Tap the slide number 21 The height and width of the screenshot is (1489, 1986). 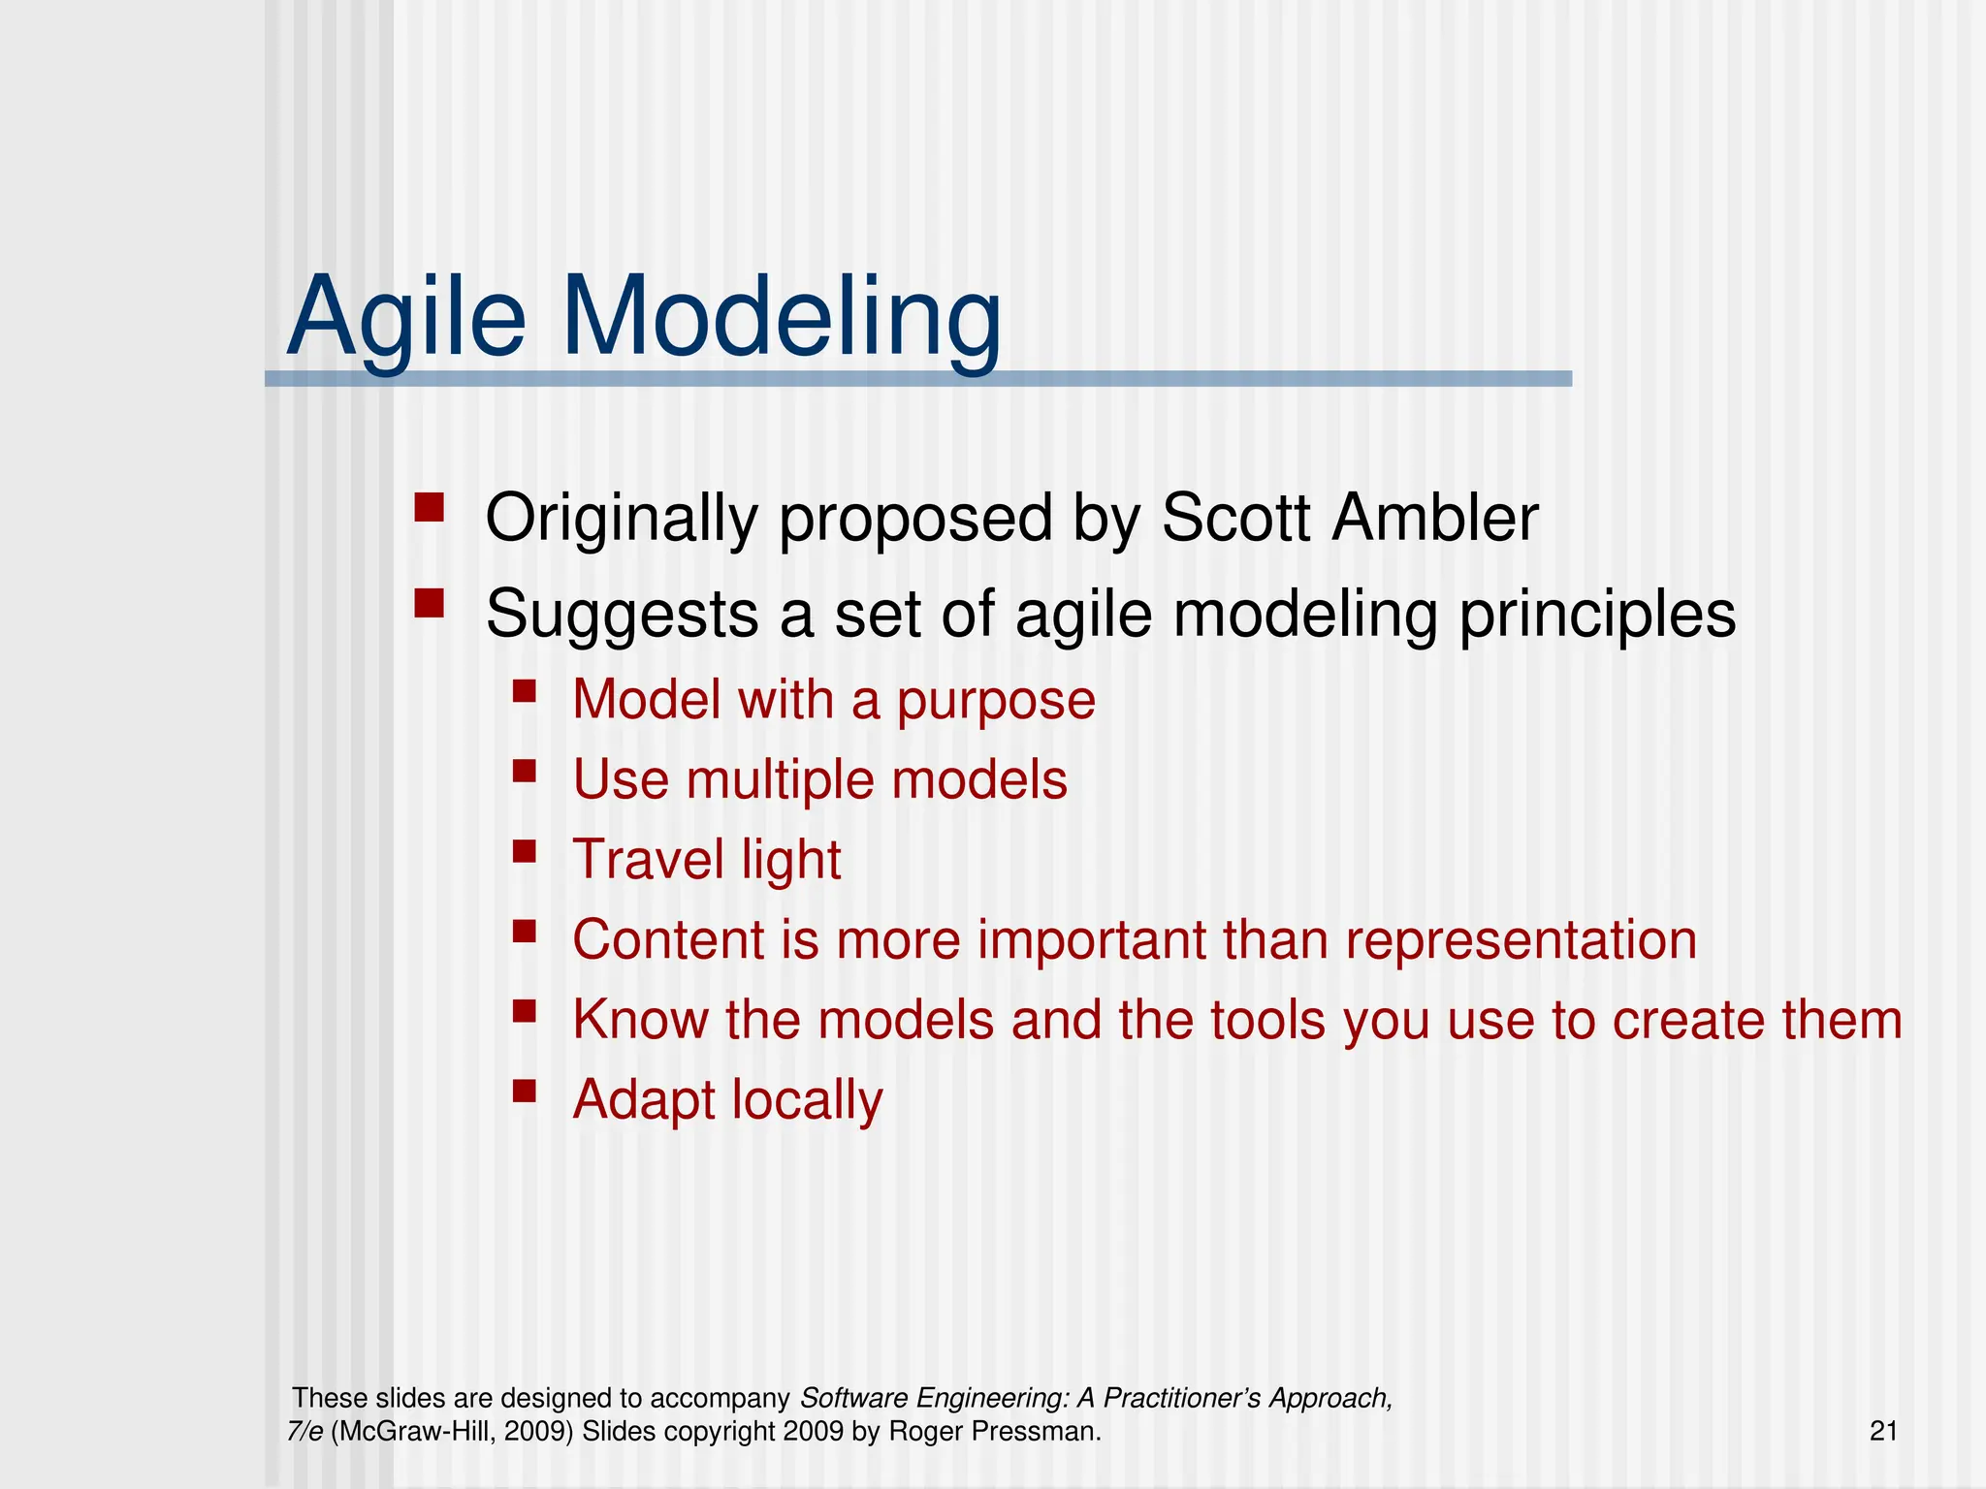(1883, 1431)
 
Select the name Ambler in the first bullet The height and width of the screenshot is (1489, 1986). (1434, 518)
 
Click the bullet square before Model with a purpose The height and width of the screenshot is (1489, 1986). (525, 690)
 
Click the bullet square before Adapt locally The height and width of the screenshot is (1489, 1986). (525, 1092)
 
